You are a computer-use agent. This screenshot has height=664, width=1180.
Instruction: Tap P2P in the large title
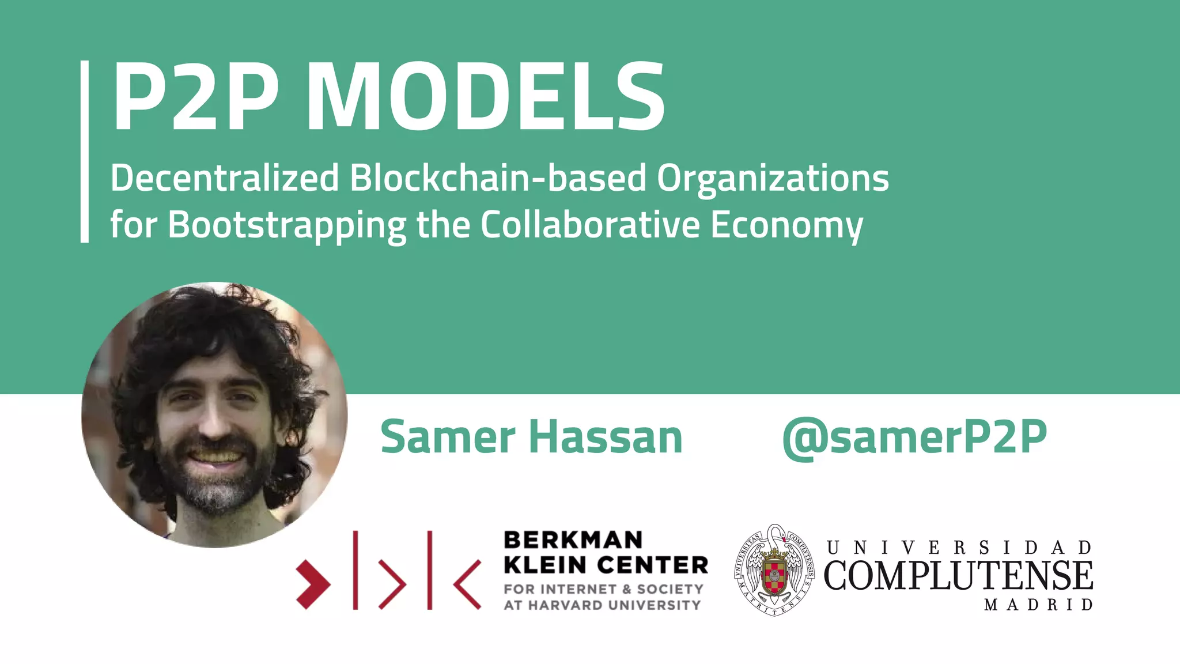(x=196, y=97)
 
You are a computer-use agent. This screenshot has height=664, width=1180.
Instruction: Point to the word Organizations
(x=773, y=179)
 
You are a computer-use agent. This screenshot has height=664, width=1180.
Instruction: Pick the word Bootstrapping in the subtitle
(x=287, y=225)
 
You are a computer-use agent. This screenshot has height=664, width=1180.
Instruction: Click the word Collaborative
(x=590, y=224)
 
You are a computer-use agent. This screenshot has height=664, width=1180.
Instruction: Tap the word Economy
(x=786, y=225)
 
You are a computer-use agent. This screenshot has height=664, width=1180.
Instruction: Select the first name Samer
(x=448, y=437)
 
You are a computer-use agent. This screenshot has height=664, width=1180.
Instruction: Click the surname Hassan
(x=606, y=437)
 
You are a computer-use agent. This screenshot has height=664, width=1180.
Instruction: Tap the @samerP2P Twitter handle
(x=914, y=439)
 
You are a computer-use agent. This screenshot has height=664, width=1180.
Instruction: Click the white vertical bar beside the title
(x=85, y=151)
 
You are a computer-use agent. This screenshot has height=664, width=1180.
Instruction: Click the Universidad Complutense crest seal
(x=774, y=570)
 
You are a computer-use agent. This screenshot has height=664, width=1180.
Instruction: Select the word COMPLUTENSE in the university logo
(x=958, y=575)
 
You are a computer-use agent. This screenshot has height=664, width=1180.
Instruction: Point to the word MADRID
(x=1038, y=605)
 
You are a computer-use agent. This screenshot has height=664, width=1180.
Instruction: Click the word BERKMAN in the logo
(x=573, y=541)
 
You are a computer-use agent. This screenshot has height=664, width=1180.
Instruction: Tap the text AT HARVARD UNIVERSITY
(x=602, y=605)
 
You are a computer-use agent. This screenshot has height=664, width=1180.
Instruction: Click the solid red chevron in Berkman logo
(x=313, y=584)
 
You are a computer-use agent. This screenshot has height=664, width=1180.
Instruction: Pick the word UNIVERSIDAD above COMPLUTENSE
(x=959, y=548)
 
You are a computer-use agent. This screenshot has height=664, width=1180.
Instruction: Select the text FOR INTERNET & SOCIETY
(x=603, y=589)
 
